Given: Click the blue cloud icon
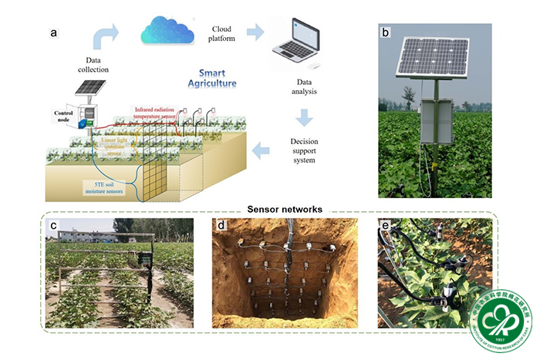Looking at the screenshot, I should (x=166, y=31).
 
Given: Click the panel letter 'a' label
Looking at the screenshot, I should (x=53, y=32).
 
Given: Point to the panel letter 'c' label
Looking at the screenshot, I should (x=52, y=226).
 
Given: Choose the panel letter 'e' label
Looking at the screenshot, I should (x=386, y=226).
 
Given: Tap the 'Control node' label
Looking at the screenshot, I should (x=63, y=117).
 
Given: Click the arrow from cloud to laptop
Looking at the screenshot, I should (x=254, y=32).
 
